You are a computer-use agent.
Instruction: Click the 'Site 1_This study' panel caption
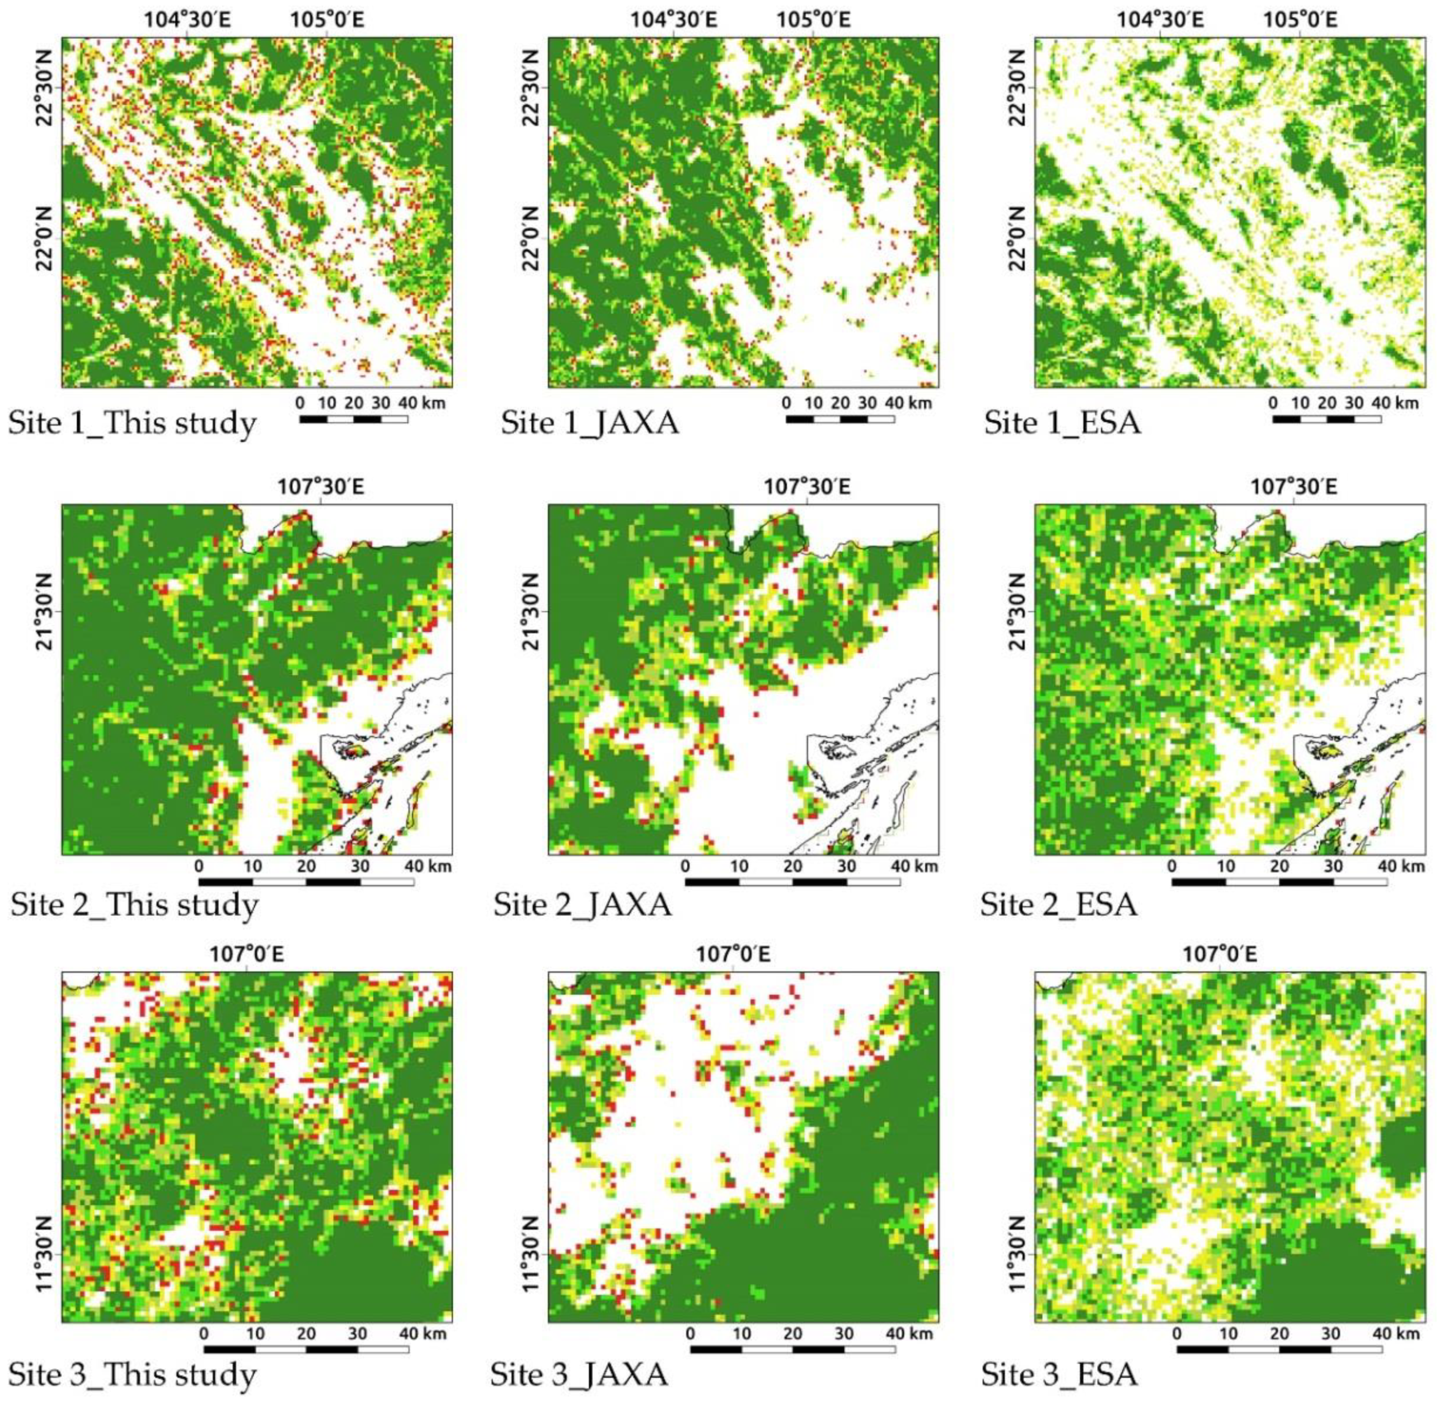132,425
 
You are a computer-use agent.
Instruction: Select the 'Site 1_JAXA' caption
590,425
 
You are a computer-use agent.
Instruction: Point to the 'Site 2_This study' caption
135,904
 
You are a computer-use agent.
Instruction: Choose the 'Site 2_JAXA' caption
582,904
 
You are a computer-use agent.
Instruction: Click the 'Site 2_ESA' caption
1059,904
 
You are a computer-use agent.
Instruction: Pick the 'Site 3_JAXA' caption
579,1373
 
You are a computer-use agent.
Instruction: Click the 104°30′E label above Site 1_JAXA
673,20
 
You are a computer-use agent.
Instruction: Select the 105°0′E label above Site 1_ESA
1301,20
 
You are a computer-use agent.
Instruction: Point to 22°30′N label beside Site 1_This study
44,87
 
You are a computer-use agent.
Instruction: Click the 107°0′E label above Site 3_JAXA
734,955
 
